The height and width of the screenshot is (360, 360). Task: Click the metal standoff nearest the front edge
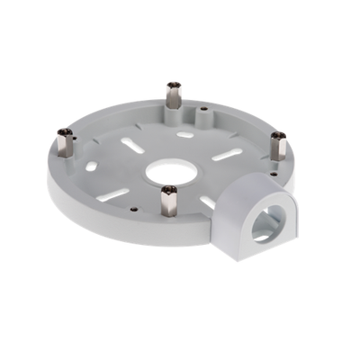pyautogui.click(x=168, y=200)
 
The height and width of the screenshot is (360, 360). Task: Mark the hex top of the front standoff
pyautogui.click(x=168, y=189)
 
